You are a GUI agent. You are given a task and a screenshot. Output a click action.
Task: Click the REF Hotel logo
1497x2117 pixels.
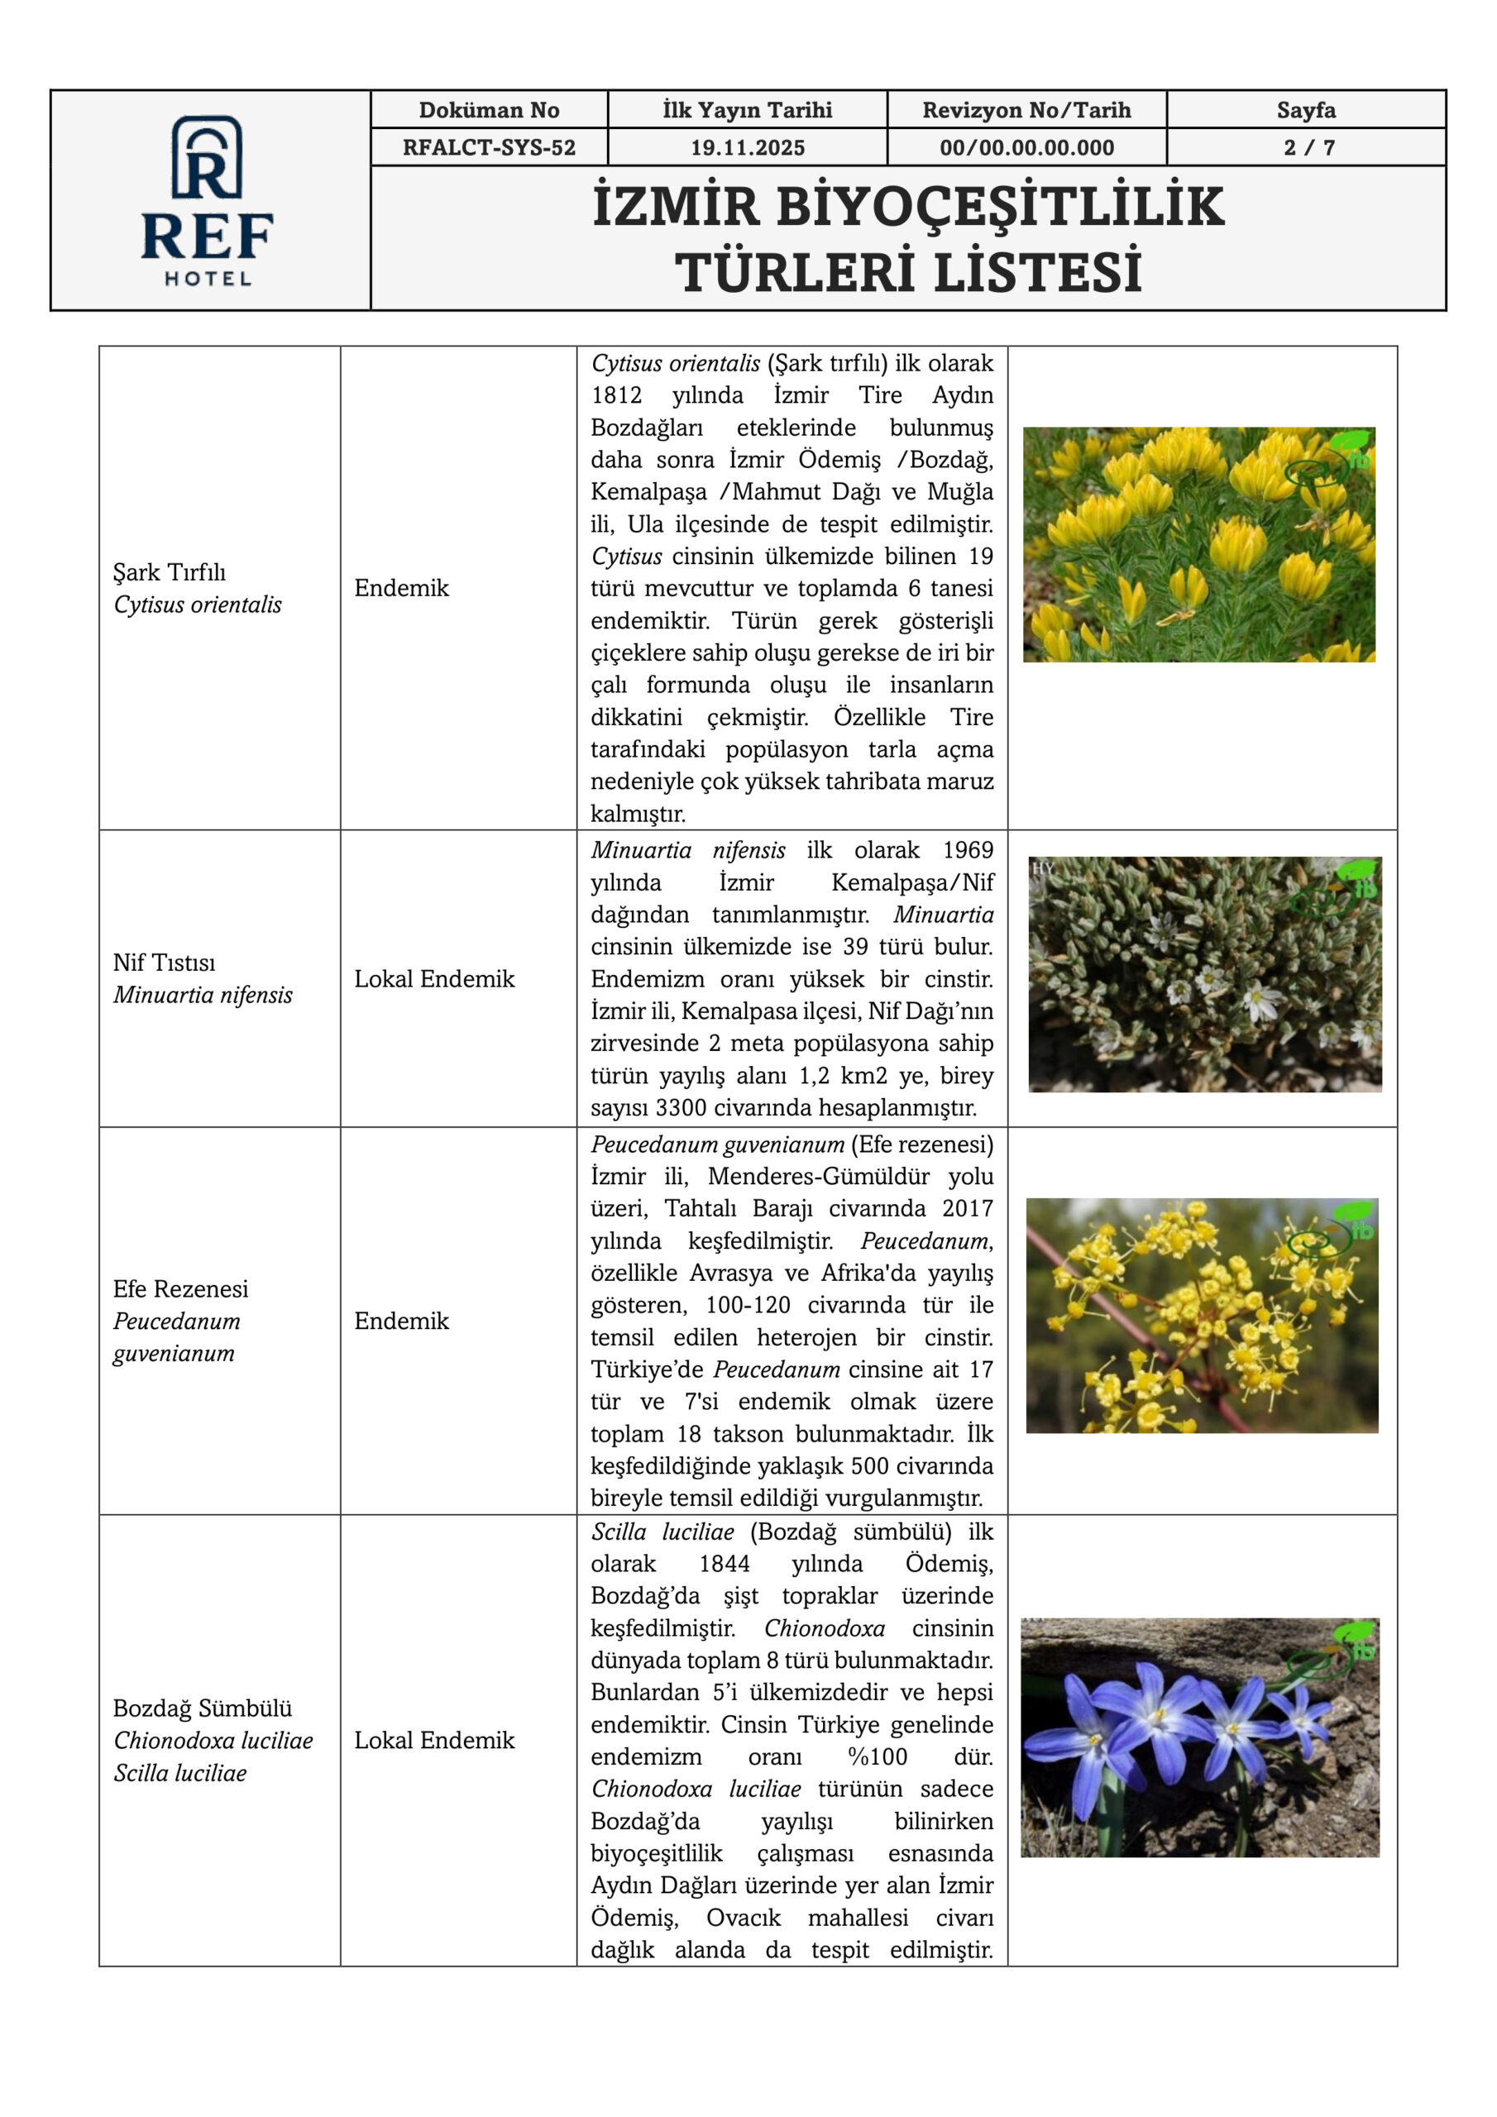(208, 199)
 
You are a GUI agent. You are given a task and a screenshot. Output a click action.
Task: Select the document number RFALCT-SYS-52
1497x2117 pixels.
(489, 147)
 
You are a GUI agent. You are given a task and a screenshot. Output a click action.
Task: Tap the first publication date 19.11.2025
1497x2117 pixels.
(747, 147)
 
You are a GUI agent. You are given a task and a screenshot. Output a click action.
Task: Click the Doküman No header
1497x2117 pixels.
(489, 111)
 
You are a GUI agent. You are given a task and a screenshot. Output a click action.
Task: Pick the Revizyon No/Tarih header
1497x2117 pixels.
(1026, 111)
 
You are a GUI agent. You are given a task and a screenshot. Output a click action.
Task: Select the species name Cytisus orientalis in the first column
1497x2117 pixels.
(198, 605)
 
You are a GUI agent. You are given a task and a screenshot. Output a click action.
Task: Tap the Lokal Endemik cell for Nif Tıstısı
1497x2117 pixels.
(433, 978)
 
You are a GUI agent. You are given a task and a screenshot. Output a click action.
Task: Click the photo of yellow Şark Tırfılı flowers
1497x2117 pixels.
(1198, 544)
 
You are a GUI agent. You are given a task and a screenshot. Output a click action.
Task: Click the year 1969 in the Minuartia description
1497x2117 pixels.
(968, 850)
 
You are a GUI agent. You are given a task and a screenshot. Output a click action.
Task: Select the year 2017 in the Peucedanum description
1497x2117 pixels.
(968, 1208)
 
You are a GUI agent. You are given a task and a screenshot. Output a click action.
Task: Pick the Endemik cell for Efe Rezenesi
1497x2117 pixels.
(401, 1321)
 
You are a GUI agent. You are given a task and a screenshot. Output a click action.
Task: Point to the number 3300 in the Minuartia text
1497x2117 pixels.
(681, 1107)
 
